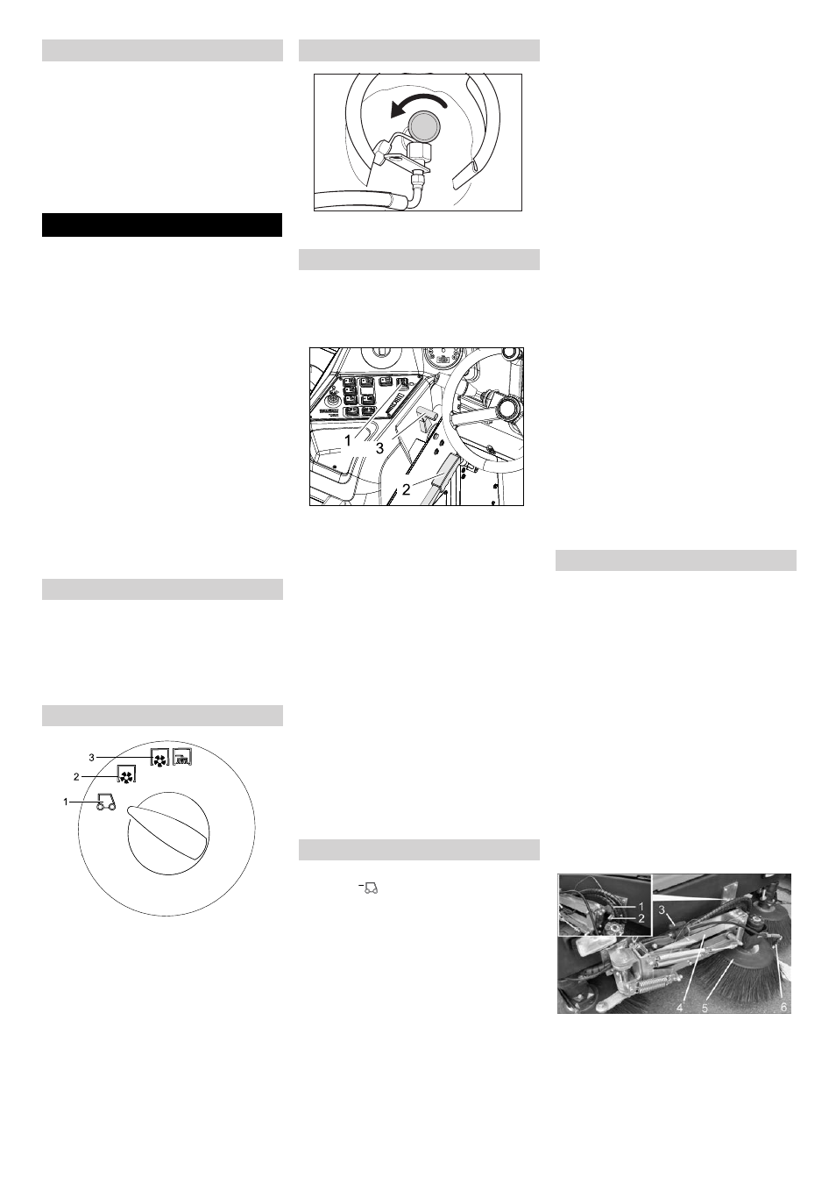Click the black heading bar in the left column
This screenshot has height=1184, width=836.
(162, 225)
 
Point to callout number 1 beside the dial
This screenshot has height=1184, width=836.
(66, 802)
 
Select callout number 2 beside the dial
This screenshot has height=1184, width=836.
(76, 777)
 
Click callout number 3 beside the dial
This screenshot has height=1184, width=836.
(91, 758)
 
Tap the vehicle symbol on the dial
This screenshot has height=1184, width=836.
(106, 802)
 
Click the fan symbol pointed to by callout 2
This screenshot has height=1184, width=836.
(125, 776)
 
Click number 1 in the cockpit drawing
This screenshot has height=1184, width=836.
(348, 439)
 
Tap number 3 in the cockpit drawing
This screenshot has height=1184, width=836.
(379, 448)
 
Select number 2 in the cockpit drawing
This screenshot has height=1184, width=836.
(406, 489)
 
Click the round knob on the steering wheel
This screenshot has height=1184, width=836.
(508, 408)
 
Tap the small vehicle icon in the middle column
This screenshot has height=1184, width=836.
(370, 888)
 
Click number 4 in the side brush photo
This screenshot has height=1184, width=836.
(679, 1007)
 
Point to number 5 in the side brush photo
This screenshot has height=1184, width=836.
(705, 1007)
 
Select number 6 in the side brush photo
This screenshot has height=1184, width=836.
(783, 1007)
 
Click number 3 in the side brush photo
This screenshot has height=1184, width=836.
(662, 909)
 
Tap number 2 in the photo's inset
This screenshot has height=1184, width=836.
(641, 918)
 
